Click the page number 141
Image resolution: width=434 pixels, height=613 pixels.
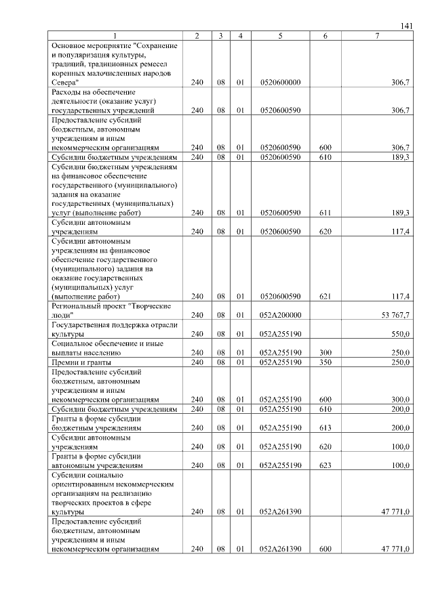[406, 26]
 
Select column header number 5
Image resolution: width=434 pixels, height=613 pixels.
[280, 35]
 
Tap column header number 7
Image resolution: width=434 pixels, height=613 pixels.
[377, 35]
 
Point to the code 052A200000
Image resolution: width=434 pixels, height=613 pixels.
[280, 315]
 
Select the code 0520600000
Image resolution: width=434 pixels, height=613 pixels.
[280, 82]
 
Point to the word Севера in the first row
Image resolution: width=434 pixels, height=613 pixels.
[64, 82]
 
